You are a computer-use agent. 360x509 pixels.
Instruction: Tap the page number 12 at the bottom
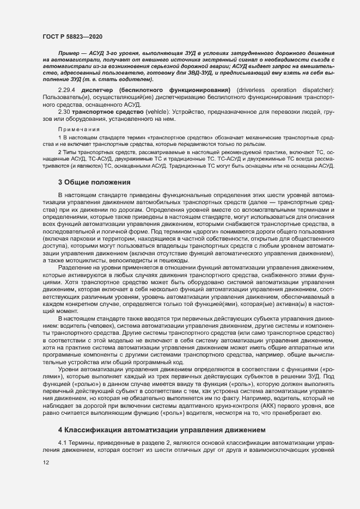[46, 463]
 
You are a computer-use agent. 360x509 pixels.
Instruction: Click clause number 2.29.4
[67, 89]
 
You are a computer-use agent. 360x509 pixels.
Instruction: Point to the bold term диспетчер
[96, 89]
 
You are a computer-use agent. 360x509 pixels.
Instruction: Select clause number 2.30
[64, 111]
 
